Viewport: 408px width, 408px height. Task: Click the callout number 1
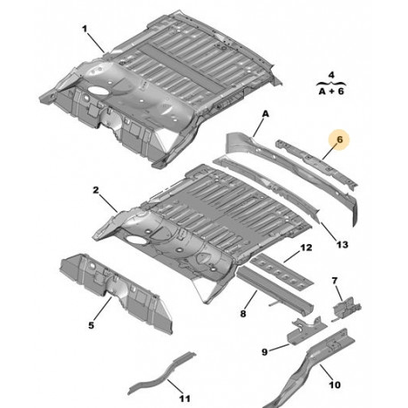coord(85,29)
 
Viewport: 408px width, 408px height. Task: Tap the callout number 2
coord(95,190)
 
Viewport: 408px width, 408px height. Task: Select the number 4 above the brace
coord(331,75)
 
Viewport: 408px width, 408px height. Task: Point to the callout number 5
coord(91,325)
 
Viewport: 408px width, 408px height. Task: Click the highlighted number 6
coord(339,139)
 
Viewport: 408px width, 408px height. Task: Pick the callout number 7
coord(335,281)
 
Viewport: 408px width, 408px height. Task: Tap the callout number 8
coord(243,314)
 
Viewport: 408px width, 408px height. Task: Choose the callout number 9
coord(265,352)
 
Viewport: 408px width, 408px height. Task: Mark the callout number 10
coord(335,385)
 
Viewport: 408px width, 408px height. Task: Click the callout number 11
coord(184,398)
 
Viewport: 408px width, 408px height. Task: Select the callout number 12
coord(306,248)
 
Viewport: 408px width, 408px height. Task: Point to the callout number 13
coord(342,244)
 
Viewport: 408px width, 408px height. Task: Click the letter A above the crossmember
coord(265,114)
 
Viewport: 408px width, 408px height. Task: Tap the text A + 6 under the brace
coord(331,91)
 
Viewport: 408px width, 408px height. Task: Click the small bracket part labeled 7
coord(347,309)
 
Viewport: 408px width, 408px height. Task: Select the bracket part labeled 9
coord(306,331)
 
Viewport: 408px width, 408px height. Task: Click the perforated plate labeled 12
coord(282,270)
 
